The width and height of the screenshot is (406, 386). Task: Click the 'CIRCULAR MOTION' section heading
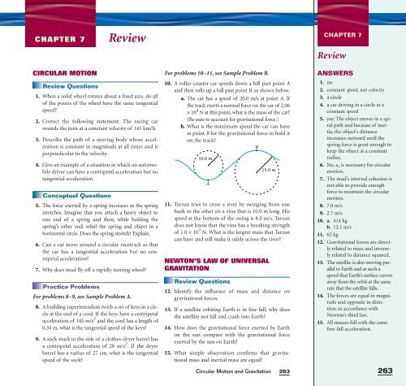coord(43,71)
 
